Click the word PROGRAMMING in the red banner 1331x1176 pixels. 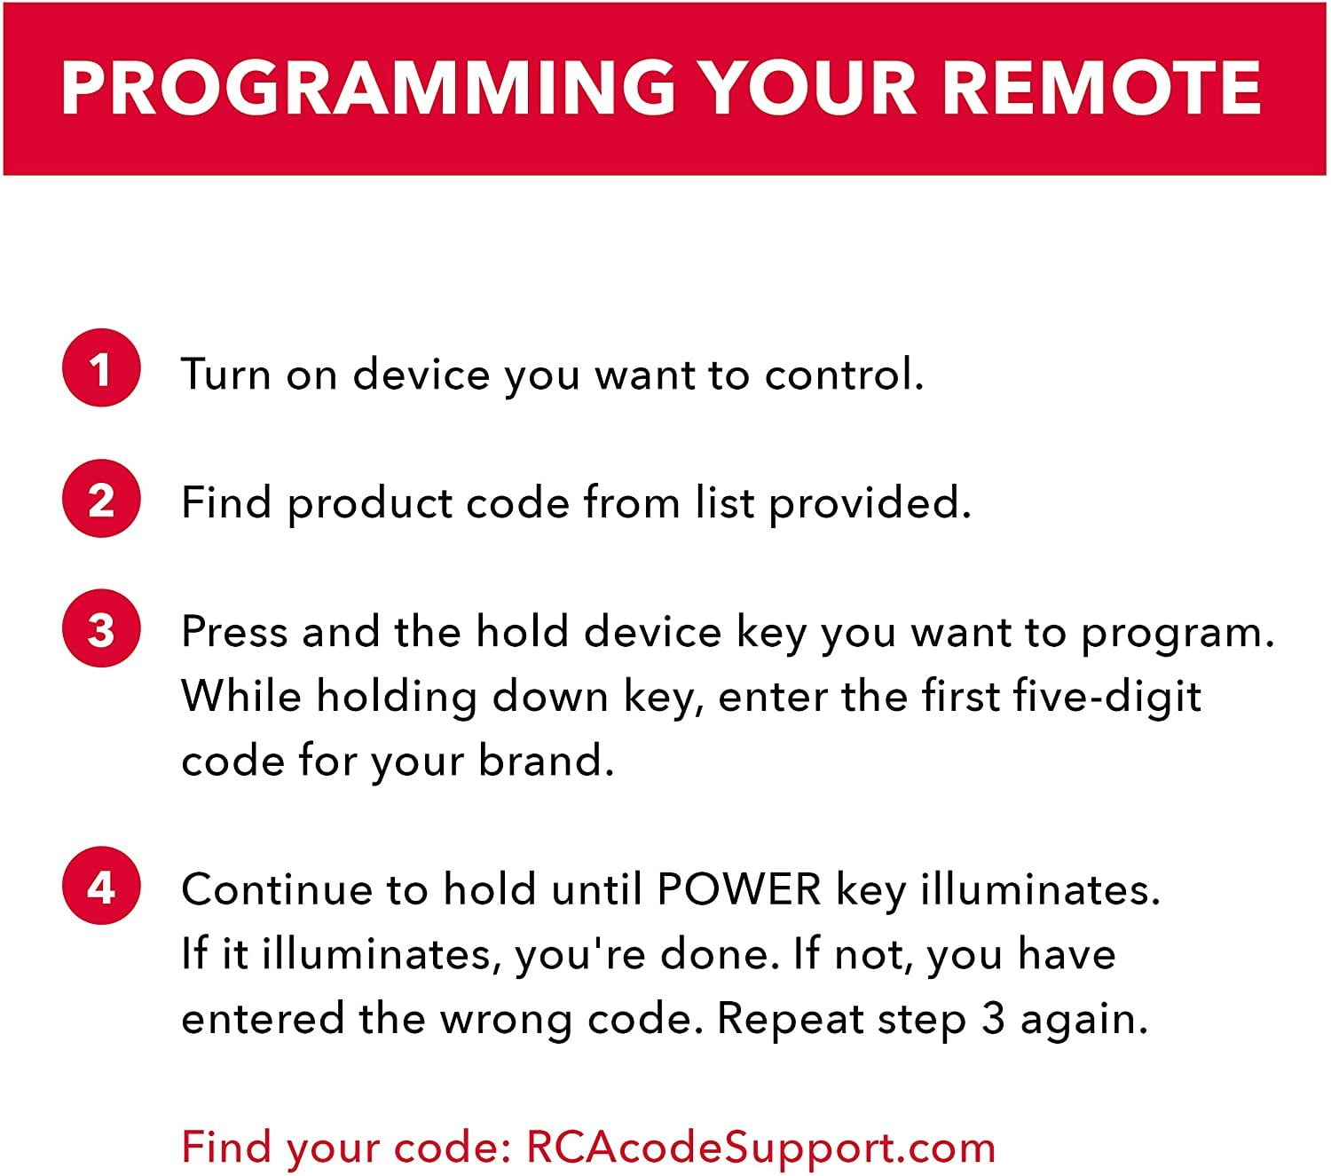coord(368,88)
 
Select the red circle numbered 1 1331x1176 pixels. coord(101,367)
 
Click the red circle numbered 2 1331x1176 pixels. coord(101,498)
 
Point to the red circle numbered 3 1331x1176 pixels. coord(101,627)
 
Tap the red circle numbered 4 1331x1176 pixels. coord(101,886)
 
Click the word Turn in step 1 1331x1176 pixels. coord(225,374)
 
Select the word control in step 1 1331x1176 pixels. coord(844,374)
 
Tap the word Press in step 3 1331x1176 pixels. coord(234,632)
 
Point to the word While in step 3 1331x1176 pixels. coord(241,696)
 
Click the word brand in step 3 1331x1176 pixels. coord(546,761)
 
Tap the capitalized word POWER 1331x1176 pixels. coord(739,889)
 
